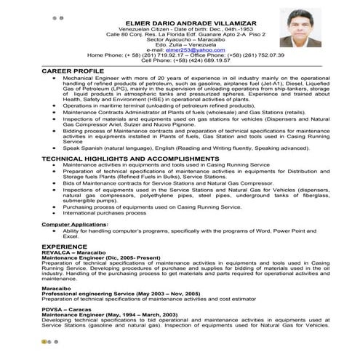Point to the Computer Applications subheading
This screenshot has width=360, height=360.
pyautogui.click(x=74, y=225)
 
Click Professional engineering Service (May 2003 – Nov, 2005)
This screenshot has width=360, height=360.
pyautogui.click(x=120, y=294)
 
